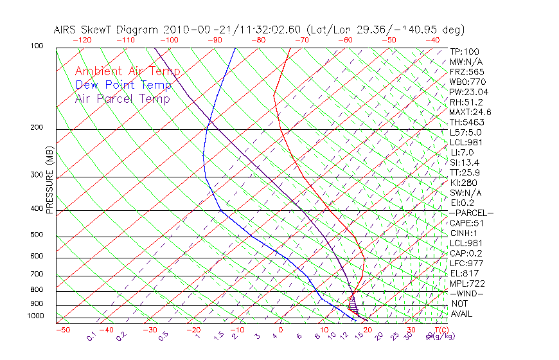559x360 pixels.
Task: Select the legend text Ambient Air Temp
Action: click(127, 71)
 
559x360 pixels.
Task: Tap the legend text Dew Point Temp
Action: click(123, 85)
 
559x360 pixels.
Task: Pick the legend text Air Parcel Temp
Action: click(122, 98)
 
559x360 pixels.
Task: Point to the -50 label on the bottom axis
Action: click(62, 330)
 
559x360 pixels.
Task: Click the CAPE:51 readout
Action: click(466, 223)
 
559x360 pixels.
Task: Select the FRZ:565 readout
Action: click(466, 71)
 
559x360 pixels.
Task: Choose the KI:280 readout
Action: click(464, 183)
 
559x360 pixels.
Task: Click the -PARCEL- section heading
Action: click(471, 213)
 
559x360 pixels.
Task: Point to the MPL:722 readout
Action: click(466, 283)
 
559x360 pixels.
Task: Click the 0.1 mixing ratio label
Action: click(91, 336)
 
